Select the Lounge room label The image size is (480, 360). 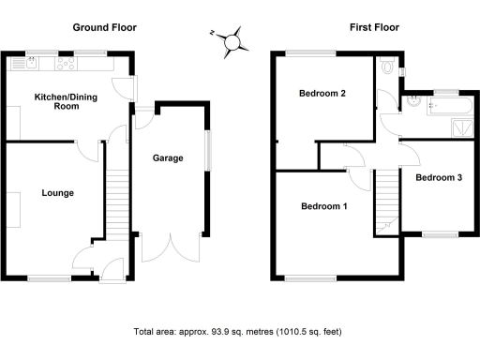pyautogui.click(x=57, y=193)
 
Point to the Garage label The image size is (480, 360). pyautogui.click(x=168, y=158)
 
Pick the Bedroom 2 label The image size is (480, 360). pyautogui.click(x=323, y=94)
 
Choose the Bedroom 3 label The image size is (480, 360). pyautogui.click(x=439, y=177)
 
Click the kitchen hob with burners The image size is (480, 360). pyautogui.click(x=67, y=65)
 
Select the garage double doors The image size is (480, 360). pyautogui.click(x=172, y=247)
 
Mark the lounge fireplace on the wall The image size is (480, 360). pyautogui.click(x=16, y=208)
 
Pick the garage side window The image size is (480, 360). pyautogui.click(x=208, y=149)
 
